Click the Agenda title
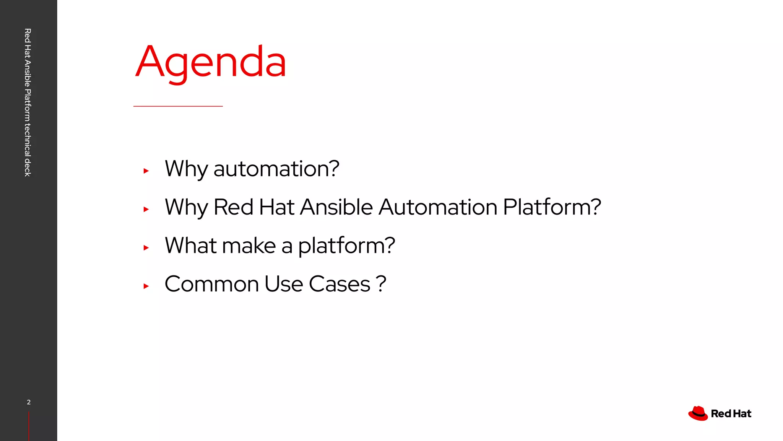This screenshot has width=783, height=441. point(211,62)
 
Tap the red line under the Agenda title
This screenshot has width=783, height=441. point(178,106)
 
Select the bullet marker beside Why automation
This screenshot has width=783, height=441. point(146,171)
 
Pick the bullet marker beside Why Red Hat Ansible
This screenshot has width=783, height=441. point(146,209)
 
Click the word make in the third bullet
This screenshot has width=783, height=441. point(249,246)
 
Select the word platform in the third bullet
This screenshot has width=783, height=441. point(346,246)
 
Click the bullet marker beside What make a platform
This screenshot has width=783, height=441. point(146,248)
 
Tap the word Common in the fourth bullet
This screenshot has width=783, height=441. point(212,284)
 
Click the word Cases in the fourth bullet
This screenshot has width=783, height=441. point(340,284)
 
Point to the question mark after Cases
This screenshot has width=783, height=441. point(381,284)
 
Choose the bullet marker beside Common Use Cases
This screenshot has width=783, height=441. point(146,286)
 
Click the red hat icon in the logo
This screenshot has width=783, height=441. point(698,413)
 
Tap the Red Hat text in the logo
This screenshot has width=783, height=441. point(731,414)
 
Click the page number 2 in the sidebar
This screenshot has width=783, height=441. point(29,402)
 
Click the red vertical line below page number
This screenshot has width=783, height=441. point(29,426)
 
